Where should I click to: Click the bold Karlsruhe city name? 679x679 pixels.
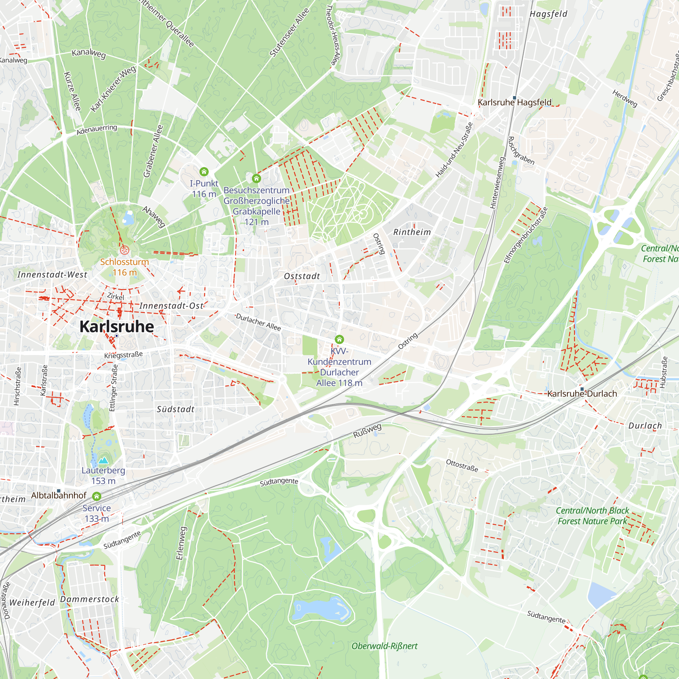click(117, 327)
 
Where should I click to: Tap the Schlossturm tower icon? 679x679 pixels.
click(124, 250)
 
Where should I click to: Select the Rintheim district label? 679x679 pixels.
click(412, 232)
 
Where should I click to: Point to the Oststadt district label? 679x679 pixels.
click(302, 276)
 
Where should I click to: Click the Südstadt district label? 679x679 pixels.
click(176, 409)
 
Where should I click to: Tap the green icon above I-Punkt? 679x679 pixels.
click(204, 172)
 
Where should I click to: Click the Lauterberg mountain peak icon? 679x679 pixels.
click(103, 460)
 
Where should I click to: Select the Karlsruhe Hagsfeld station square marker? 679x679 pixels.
click(515, 98)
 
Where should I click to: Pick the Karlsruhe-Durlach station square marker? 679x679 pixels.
click(582, 389)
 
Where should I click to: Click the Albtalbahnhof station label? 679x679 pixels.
click(59, 496)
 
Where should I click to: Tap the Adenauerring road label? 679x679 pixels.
click(97, 130)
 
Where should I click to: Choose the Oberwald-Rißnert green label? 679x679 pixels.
click(385, 646)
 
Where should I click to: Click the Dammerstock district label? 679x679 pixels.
click(90, 600)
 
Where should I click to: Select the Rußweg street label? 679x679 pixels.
click(367, 431)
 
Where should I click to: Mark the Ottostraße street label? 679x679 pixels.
click(462, 465)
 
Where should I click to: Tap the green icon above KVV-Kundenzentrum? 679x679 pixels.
click(339, 339)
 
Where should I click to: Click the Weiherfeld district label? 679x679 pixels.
click(32, 603)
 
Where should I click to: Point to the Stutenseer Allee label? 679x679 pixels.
click(290, 32)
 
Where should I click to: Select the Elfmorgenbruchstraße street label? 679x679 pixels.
click(526, 235)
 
